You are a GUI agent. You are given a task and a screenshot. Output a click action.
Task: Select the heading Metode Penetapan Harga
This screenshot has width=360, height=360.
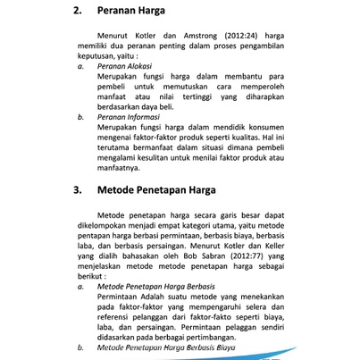(157, 190)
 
